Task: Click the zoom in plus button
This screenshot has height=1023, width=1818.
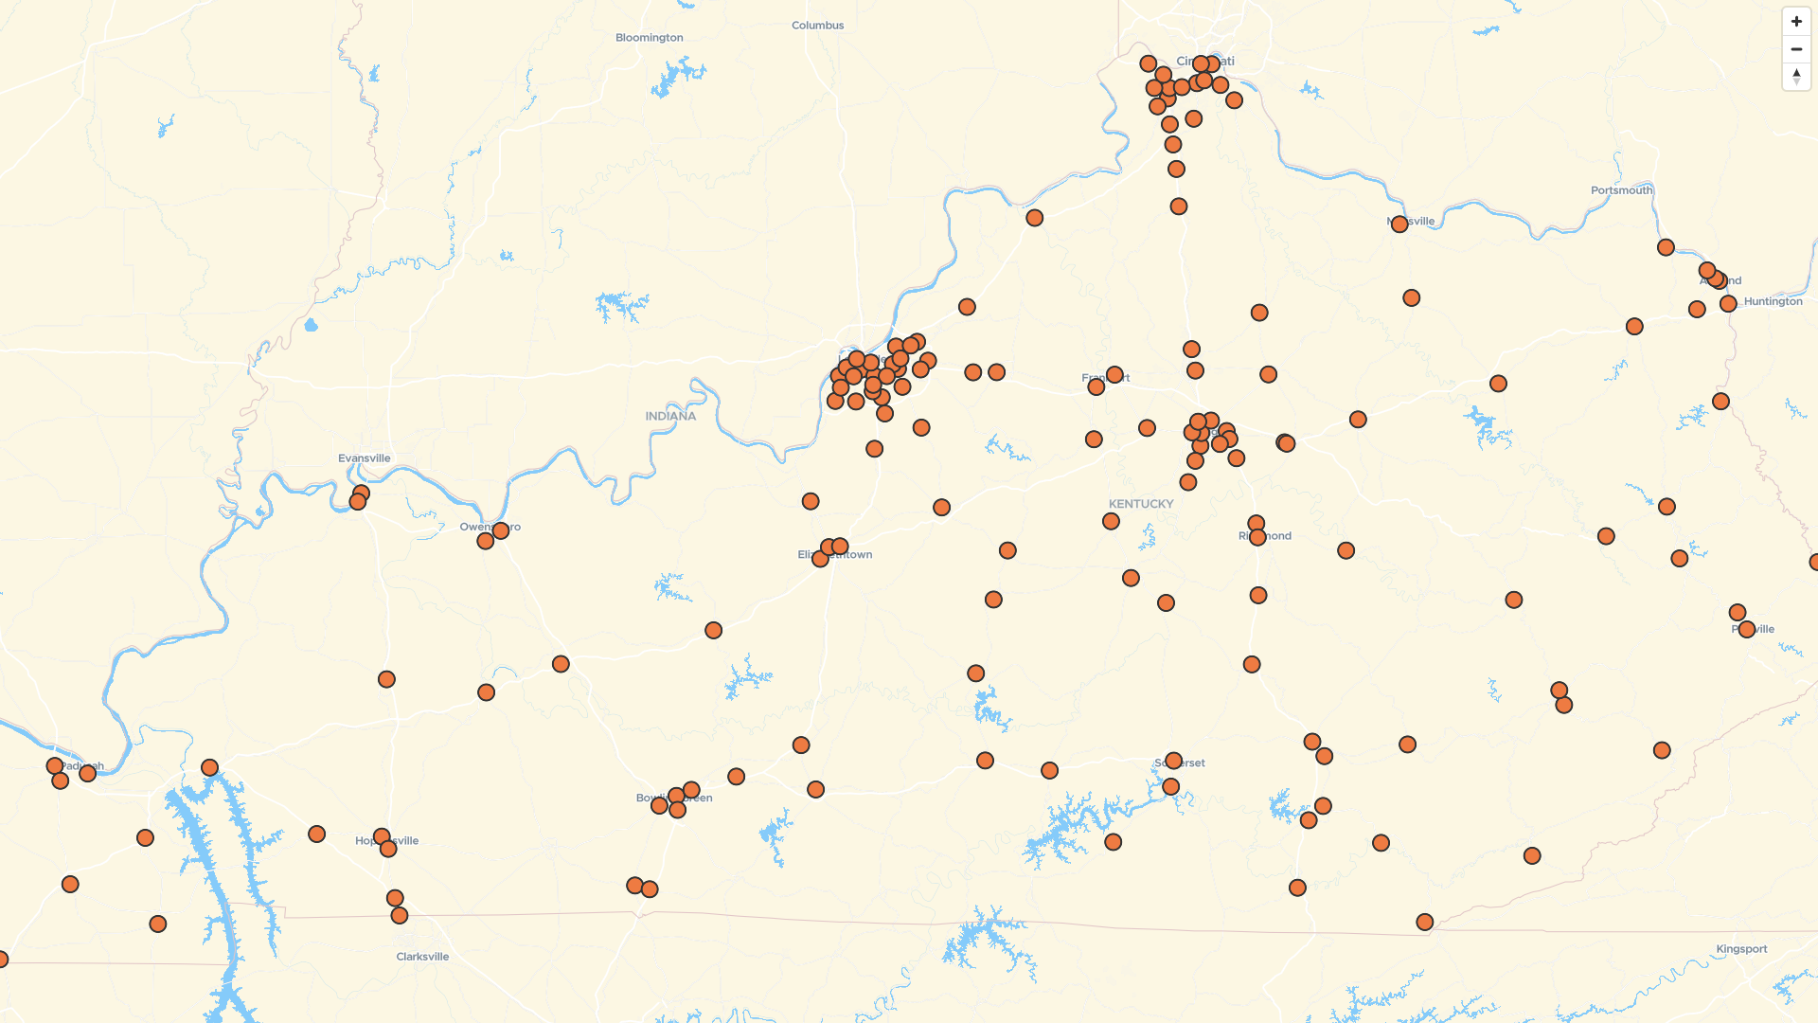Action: [x=1795, y=22]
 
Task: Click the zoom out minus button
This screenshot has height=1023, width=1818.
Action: [x=1795, y=49]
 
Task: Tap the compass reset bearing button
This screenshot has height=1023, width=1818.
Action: [x=1795, y=77]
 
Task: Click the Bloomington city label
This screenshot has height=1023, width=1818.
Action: [x=649, y=38]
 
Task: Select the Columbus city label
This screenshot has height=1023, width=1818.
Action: [x=817, y=26]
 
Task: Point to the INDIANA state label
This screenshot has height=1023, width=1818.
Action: [x=670, y=416]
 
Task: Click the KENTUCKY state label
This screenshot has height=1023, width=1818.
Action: [x=1140, y=504]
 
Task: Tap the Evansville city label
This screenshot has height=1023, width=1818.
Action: [x=364, y=458]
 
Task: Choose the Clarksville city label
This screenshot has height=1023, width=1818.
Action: [x=422, y=957]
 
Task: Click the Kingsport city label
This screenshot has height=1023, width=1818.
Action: [x=1741, y=949]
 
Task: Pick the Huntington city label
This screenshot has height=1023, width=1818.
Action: [x=1773, y=301]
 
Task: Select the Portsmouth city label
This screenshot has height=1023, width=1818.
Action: [x=1621, y=190]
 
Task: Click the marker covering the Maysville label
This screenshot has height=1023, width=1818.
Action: [x=1399, y=224]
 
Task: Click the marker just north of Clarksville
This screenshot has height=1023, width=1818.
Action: [x=400, y=915]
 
